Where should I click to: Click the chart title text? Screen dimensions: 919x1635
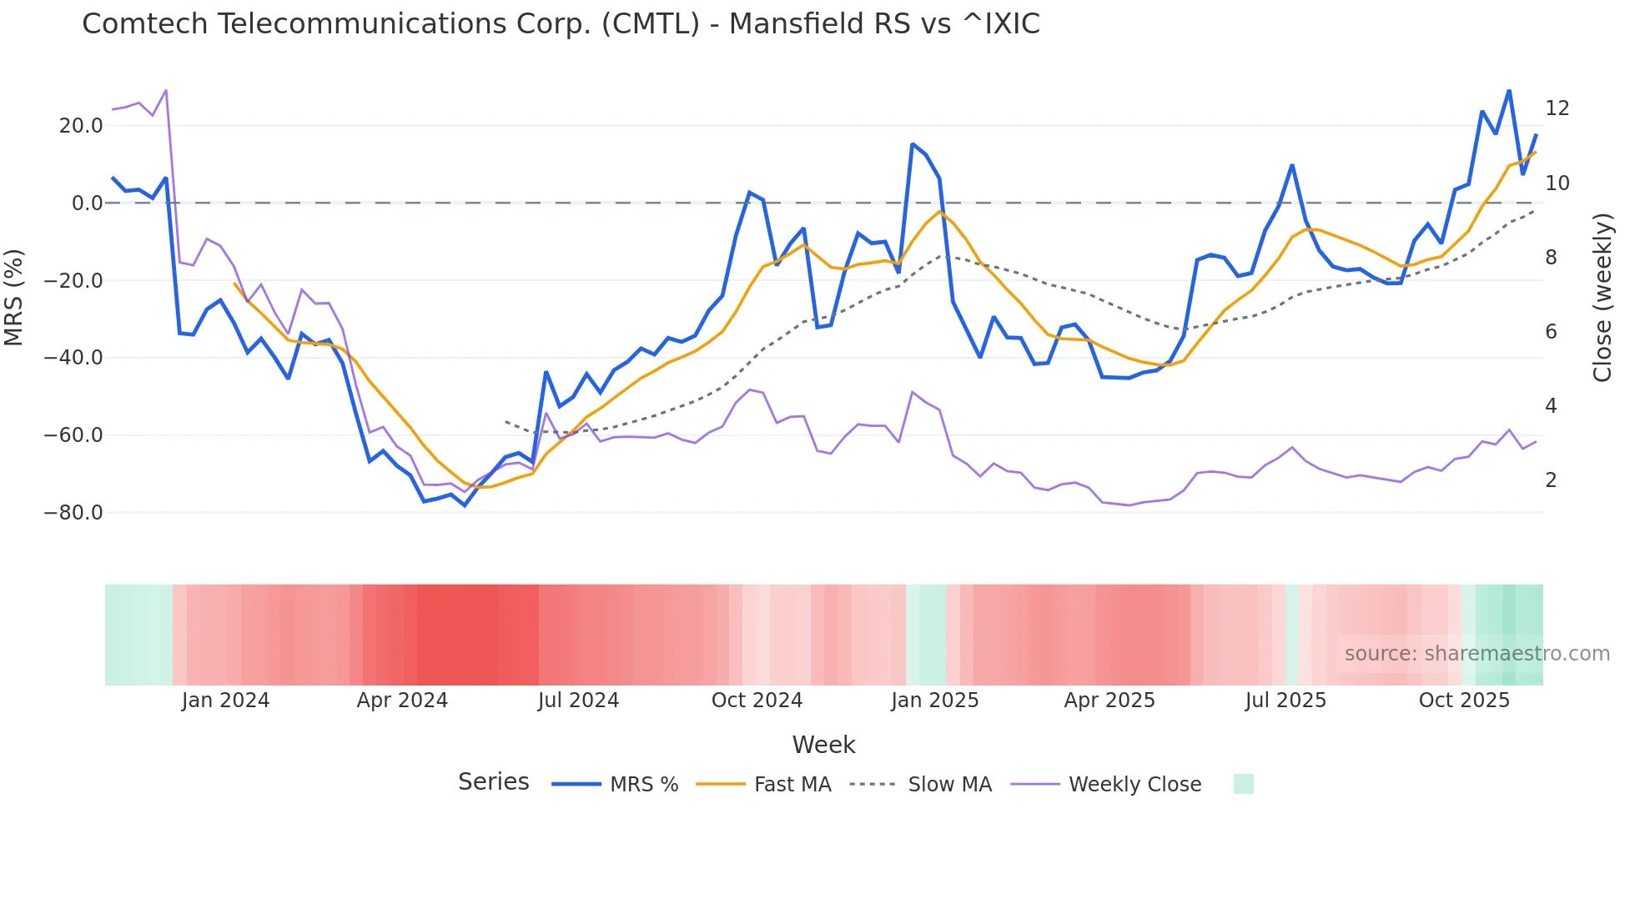(x=561, y=24)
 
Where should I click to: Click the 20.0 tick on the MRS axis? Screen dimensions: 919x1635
(x=81, y=126)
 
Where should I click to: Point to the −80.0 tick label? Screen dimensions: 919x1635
(x=73, y=513)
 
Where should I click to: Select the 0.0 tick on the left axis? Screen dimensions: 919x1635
(x=87, y=203)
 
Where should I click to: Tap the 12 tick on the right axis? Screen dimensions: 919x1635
(x=1557, y=108)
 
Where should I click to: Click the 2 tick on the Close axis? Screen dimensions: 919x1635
(x=1551, y=480)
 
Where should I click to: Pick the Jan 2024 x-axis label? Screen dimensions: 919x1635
(x=225, y=701)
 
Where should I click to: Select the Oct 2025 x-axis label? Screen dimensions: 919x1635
(x=1464, y=701)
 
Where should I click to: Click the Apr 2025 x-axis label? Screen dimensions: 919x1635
(x=1109, y=701)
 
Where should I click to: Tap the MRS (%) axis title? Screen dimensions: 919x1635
(x=14, y=297)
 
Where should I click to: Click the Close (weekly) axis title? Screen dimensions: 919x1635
(x=1602, y=298)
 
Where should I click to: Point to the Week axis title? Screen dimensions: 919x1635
(x=823, y=745)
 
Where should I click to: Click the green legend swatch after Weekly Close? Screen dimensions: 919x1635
(x=1243, y=784)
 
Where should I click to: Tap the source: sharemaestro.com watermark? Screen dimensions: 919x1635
(x=1477, y=654)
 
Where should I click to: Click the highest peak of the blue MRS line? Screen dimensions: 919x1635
(x=1509, y=90)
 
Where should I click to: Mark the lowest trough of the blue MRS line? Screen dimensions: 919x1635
(x=465, y=505)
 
